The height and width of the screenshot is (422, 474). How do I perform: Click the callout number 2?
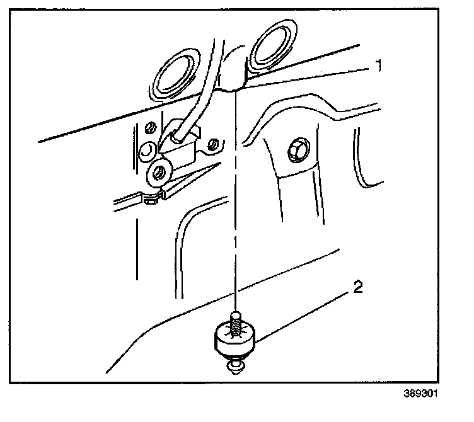pos(357,288)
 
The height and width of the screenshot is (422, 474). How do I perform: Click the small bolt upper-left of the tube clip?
pos(149,129)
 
